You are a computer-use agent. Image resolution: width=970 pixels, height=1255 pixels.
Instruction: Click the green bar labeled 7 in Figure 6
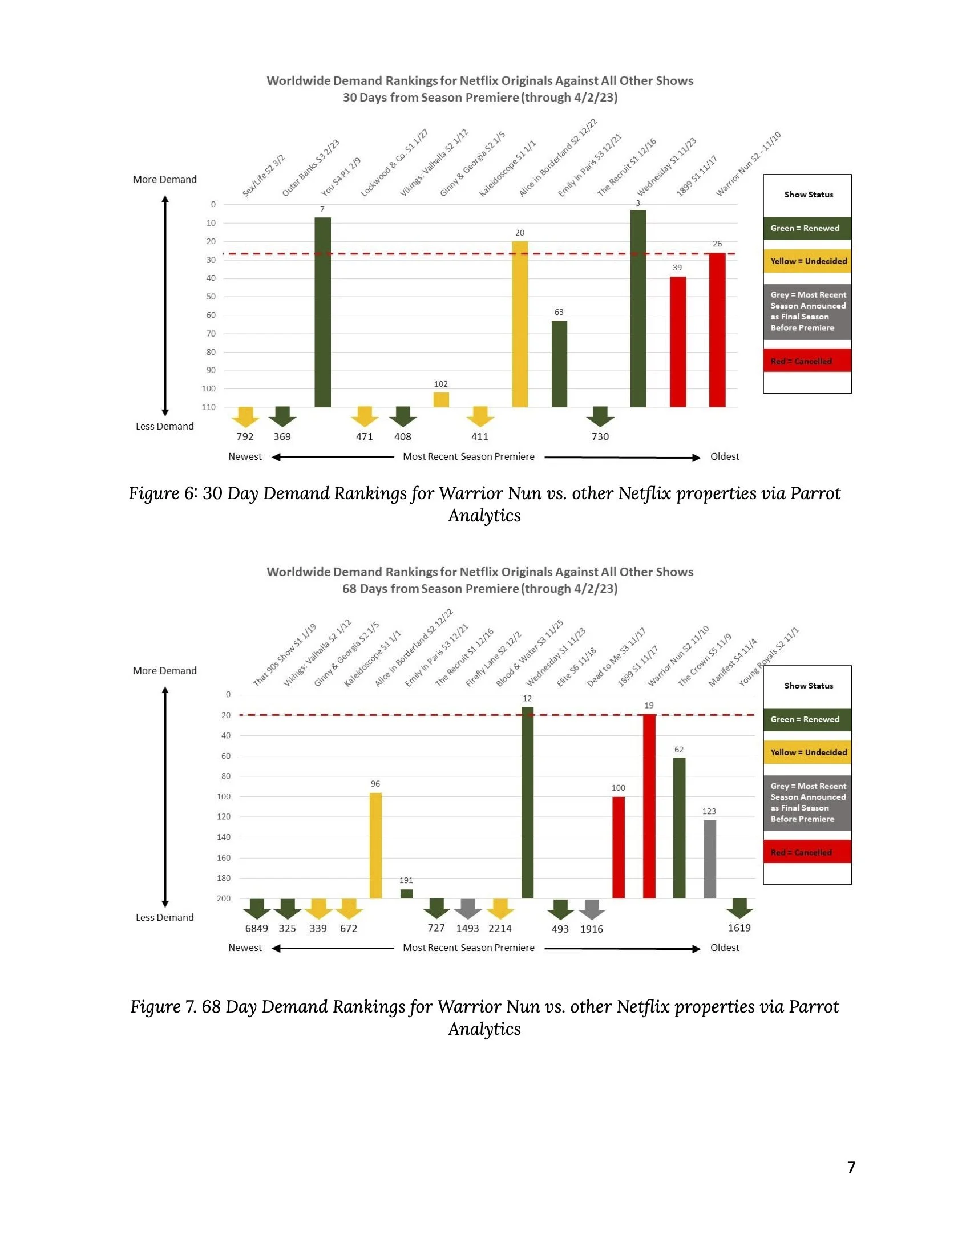(x=322, y=312)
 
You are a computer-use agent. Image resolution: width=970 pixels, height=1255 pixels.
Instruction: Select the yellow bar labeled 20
(x=519, y=324)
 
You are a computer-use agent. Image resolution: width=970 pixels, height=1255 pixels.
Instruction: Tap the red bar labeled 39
(x=677, y=342)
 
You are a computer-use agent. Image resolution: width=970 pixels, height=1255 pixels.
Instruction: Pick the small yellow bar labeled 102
(x=440, y=400)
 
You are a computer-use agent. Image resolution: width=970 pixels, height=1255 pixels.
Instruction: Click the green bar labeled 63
(x=559, y=364)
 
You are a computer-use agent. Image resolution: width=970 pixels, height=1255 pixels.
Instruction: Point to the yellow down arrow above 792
(x=245, y=416)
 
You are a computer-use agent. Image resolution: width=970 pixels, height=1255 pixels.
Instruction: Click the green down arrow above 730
(x=600, y=416)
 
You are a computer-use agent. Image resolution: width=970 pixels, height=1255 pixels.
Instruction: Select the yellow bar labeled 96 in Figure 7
(x=375, y=845)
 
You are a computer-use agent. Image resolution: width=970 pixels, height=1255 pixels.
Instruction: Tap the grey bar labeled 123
(x=710, y=859)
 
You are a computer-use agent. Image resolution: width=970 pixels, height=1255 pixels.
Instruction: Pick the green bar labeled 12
(x=527, y=803)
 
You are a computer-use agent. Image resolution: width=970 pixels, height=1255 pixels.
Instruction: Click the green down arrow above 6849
(x=257, y=909)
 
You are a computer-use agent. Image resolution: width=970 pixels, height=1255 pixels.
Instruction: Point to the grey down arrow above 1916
(x=592, y=910)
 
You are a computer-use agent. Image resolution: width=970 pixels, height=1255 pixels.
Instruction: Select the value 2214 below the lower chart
(x=500, y=928)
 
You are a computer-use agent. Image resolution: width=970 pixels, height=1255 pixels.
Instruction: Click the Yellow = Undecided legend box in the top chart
(x=807, y=261)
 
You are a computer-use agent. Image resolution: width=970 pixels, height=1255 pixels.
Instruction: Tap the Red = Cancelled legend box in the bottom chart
(x=807, y=852)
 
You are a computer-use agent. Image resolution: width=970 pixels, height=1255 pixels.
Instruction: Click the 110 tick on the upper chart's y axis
(x=209, y=407)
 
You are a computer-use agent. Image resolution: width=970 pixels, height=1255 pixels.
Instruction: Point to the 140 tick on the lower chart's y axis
(x=224, y=837)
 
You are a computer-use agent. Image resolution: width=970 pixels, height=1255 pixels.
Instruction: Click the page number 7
(x=851, y=1167)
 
